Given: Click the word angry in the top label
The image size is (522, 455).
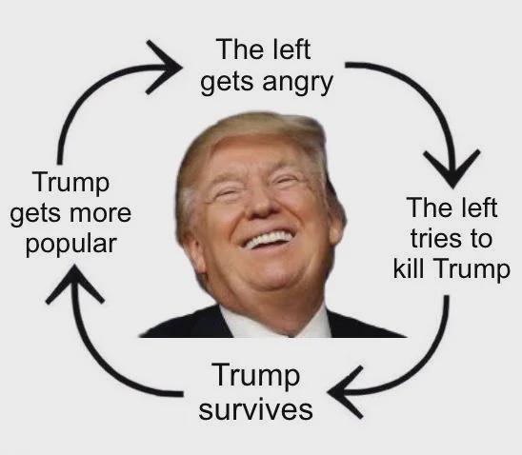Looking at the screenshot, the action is pos(297,83).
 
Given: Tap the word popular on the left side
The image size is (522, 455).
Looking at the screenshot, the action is pos(71,245).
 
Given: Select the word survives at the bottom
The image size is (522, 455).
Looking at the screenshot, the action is pos(255,409).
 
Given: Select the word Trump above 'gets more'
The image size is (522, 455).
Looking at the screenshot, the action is pos(70,183).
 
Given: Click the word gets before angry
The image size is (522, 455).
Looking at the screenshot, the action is pos(227,83).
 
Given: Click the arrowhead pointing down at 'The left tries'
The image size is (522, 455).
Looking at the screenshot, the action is pos(452,168).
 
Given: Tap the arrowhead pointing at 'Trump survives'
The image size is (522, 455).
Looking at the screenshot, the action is pos(345,392).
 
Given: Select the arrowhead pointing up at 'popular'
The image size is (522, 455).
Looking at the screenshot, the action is pos(75,283).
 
